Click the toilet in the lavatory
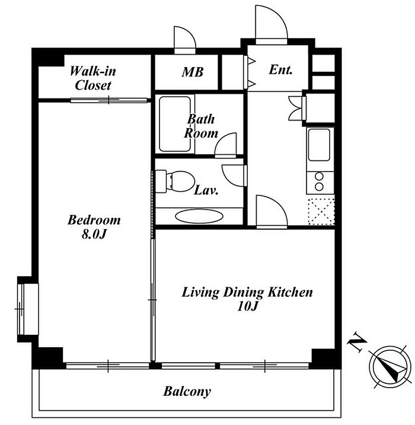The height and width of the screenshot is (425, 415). tap(175, 181)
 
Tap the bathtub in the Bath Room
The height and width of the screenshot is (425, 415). tap(175, 124)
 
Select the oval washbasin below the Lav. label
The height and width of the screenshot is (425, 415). tap(199, 216)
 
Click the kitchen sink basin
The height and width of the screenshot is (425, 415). tap(319, 145)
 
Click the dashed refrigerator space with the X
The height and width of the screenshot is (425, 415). tap(321, 211)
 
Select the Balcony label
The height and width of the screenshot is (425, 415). tap(187, 392)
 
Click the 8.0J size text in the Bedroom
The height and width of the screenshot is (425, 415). tap(94, 234)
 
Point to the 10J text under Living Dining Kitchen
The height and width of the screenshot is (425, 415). tap(247, 306)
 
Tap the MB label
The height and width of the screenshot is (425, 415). tap(193, 72)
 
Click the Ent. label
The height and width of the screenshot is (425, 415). tap(281, 69)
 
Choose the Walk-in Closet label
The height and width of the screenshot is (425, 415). tap(93, 78)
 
